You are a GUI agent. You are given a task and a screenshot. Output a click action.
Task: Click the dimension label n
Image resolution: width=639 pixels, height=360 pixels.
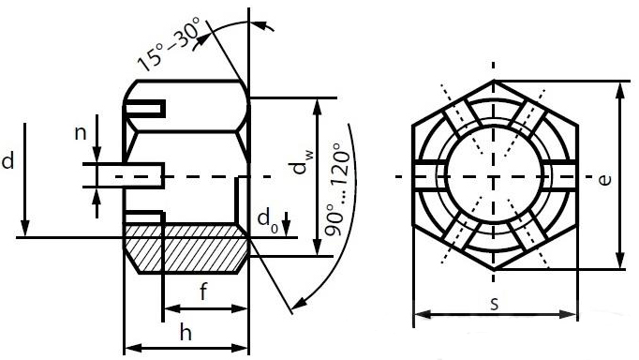pos(81,132)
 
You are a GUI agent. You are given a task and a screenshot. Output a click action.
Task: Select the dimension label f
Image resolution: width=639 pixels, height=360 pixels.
pos(203,292)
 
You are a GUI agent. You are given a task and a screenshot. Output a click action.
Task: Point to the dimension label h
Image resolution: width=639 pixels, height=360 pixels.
pos(186,332)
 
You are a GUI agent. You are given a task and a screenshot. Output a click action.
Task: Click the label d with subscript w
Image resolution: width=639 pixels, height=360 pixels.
pos(302,162)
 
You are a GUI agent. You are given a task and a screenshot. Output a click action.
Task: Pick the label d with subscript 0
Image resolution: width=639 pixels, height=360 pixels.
pos(268,222)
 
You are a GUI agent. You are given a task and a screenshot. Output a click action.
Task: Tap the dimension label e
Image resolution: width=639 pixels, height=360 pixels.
pos(605,179)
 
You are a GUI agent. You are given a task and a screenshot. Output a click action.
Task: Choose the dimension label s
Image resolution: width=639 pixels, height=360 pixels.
pos(495,304)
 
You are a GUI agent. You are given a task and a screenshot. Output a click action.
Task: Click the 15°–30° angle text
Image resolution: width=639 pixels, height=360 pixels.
pos(169,44)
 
